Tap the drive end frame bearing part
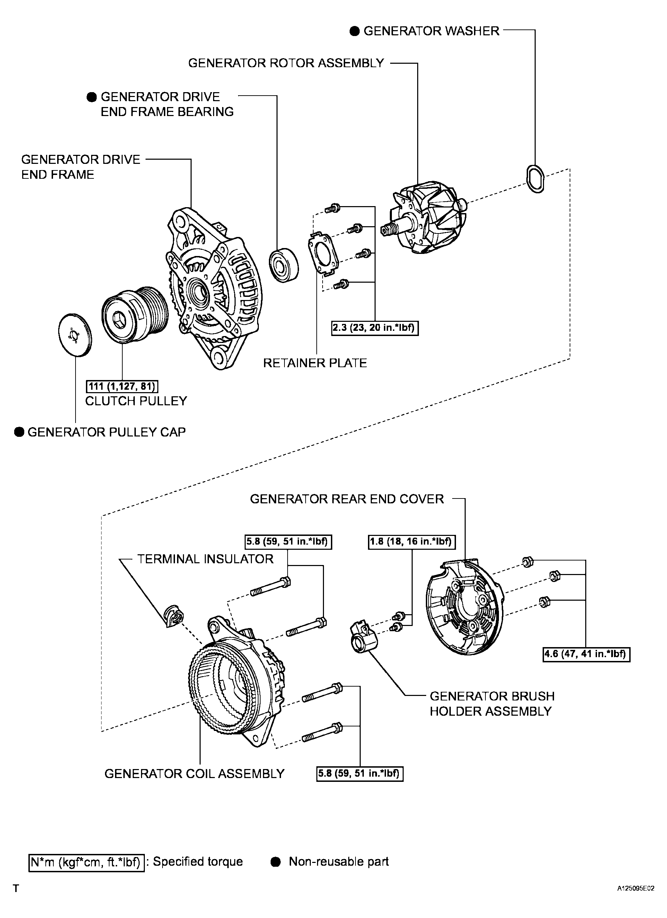284,265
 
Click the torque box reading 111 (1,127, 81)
122,386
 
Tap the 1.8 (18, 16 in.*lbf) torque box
412,541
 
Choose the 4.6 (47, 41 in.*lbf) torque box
586,654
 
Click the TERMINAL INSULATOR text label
205,559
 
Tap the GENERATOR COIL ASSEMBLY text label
194,774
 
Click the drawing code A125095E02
635,889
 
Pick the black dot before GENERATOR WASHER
354,31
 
